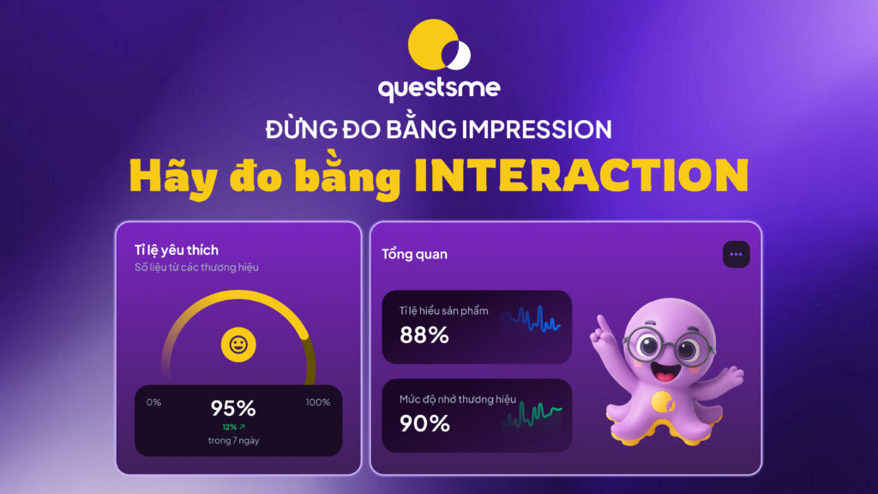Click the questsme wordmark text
(439, 88)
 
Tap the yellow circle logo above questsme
(439, 45)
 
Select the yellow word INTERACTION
(581, 175)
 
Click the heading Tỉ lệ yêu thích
(177, 250)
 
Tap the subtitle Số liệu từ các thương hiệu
(196, 268)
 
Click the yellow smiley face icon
(238, 345)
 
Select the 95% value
(233, 408)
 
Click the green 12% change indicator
(233, 427)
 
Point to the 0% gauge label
(153, 402)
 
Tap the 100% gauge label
(317, 402)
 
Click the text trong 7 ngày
(233, 440)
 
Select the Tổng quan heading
(414, 254)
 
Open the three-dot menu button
(736, 254)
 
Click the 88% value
(424, 335)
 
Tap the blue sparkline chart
(532, 319)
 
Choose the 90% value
(424, 424)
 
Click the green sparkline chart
(532, 415)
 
